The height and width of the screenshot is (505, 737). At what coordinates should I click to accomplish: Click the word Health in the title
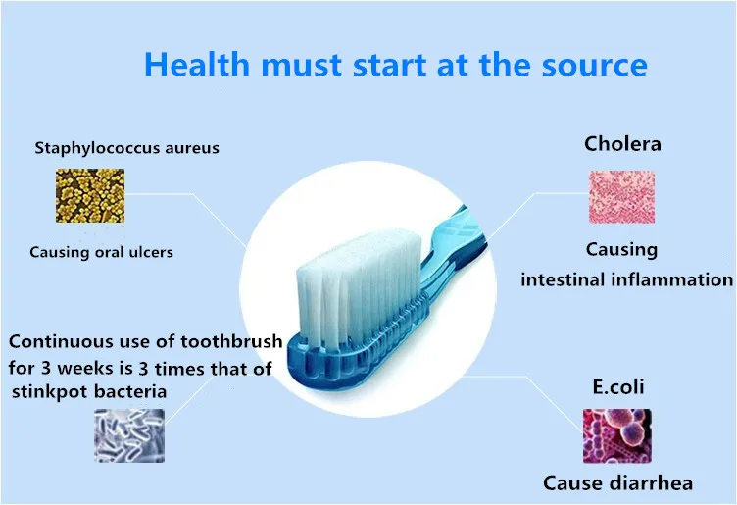[196, 64]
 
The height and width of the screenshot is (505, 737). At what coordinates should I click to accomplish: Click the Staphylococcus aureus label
[126, 148]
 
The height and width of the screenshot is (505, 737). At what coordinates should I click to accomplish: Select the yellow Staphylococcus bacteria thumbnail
[90, 195]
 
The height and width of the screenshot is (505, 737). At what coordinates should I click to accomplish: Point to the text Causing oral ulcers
[102, 252]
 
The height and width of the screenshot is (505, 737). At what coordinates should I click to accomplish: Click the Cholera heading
[622, 144]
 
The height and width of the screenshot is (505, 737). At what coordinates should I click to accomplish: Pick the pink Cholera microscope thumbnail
[621, 196]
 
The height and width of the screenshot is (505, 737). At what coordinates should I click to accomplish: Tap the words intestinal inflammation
[626, 279]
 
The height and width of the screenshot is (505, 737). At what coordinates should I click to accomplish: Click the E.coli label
[618, 387]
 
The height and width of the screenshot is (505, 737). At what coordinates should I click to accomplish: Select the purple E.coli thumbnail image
[617, 436]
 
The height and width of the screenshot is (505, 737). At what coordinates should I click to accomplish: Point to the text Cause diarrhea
[617, 483]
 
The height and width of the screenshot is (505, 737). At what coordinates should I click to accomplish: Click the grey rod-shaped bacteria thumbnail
[129, 435]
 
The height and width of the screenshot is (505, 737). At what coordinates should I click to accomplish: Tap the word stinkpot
[49, 391]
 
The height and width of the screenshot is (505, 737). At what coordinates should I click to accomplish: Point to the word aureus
[192, 149]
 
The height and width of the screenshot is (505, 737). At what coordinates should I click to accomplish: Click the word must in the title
[301, 66]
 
